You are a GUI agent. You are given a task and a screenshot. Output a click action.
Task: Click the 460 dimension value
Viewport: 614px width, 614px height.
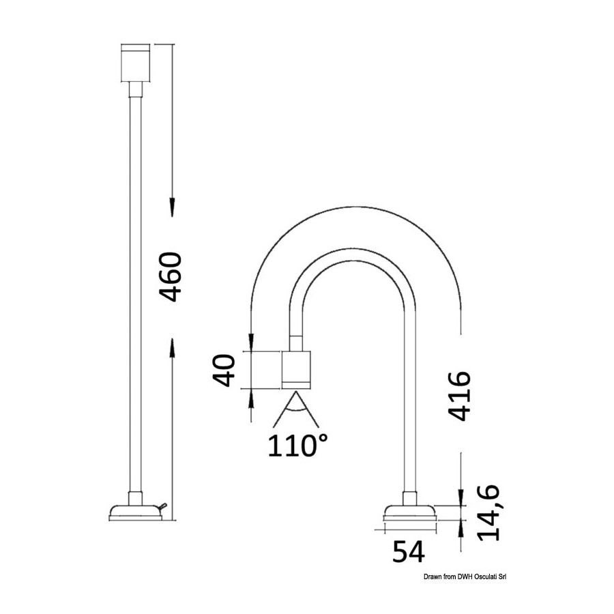(171, 277)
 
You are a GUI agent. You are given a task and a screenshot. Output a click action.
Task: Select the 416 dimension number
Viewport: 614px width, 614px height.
(459, 396)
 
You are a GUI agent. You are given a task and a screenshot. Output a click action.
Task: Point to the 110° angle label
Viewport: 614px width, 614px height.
(297, 445)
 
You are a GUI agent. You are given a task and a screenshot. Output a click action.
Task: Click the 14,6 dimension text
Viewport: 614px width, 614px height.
(488, 512)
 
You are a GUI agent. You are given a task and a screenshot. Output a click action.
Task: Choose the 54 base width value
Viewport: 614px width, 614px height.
(409, 551)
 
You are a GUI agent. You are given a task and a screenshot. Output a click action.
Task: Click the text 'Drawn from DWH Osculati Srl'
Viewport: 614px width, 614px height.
(465, 576)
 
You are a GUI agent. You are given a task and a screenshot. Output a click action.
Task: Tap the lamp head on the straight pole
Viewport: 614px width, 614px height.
(136, 63)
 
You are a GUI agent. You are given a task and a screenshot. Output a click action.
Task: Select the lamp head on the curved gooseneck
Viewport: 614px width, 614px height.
(296, 370)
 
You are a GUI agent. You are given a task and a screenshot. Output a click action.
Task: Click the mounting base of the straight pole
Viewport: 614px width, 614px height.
(136, 513)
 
